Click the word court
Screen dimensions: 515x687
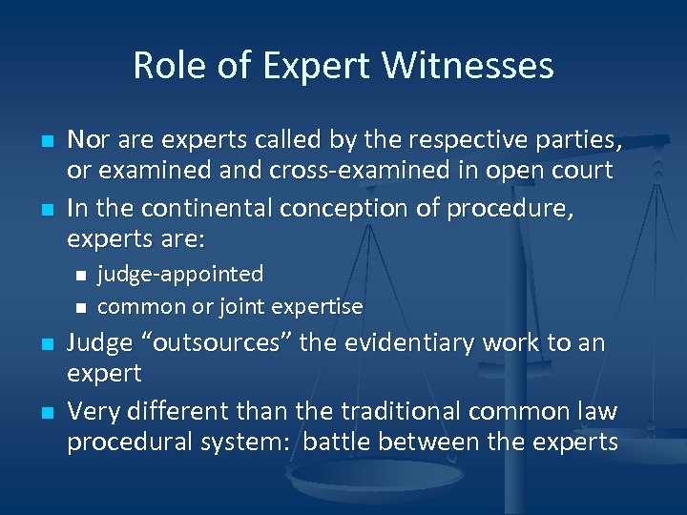pos(584,170)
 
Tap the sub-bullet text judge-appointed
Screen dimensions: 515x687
pos(180,275)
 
